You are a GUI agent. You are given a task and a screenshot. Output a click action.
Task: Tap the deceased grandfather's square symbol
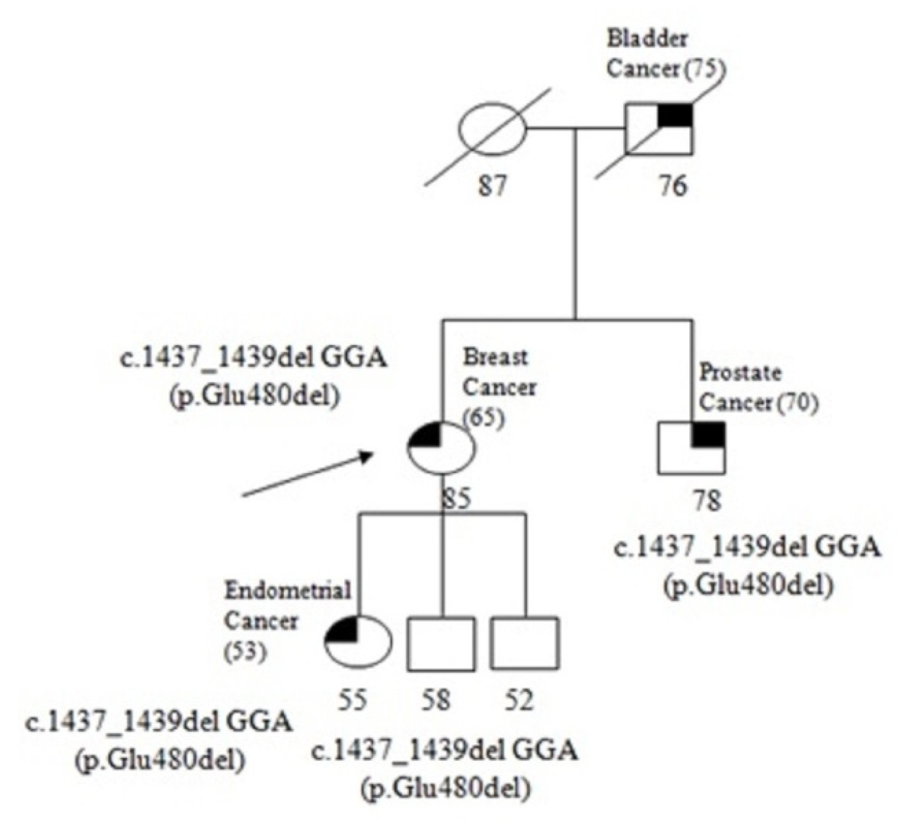pyautogui.click(x=658, y=129)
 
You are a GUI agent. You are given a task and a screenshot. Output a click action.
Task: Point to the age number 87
pyautogui.click(x=492, y=187)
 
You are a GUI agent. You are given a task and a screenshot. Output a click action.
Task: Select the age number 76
pyautogui.click(x=673, y=187)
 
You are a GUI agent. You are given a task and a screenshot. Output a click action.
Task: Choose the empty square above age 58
pyautogui.click(x=441, y=644)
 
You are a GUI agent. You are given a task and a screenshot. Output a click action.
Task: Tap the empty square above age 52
pyautogui.click(x=525, y=644)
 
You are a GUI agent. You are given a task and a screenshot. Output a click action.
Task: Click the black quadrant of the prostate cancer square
pyautogui.click(x=708, y=434)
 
